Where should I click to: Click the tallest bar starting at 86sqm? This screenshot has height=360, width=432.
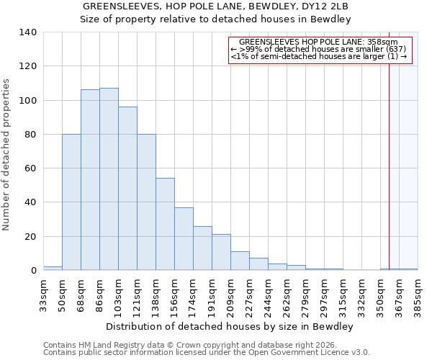(x=109, y=179)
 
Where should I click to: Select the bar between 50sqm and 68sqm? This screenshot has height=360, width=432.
(x=71, y=202)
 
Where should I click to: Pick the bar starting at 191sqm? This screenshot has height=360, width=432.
(x=221, y=252)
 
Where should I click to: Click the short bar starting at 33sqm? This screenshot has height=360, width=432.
(x=53, y=268)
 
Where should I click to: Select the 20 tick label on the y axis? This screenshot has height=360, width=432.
(x=30, y=237)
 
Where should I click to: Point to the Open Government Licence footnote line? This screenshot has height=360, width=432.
(x=207, y=353)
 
